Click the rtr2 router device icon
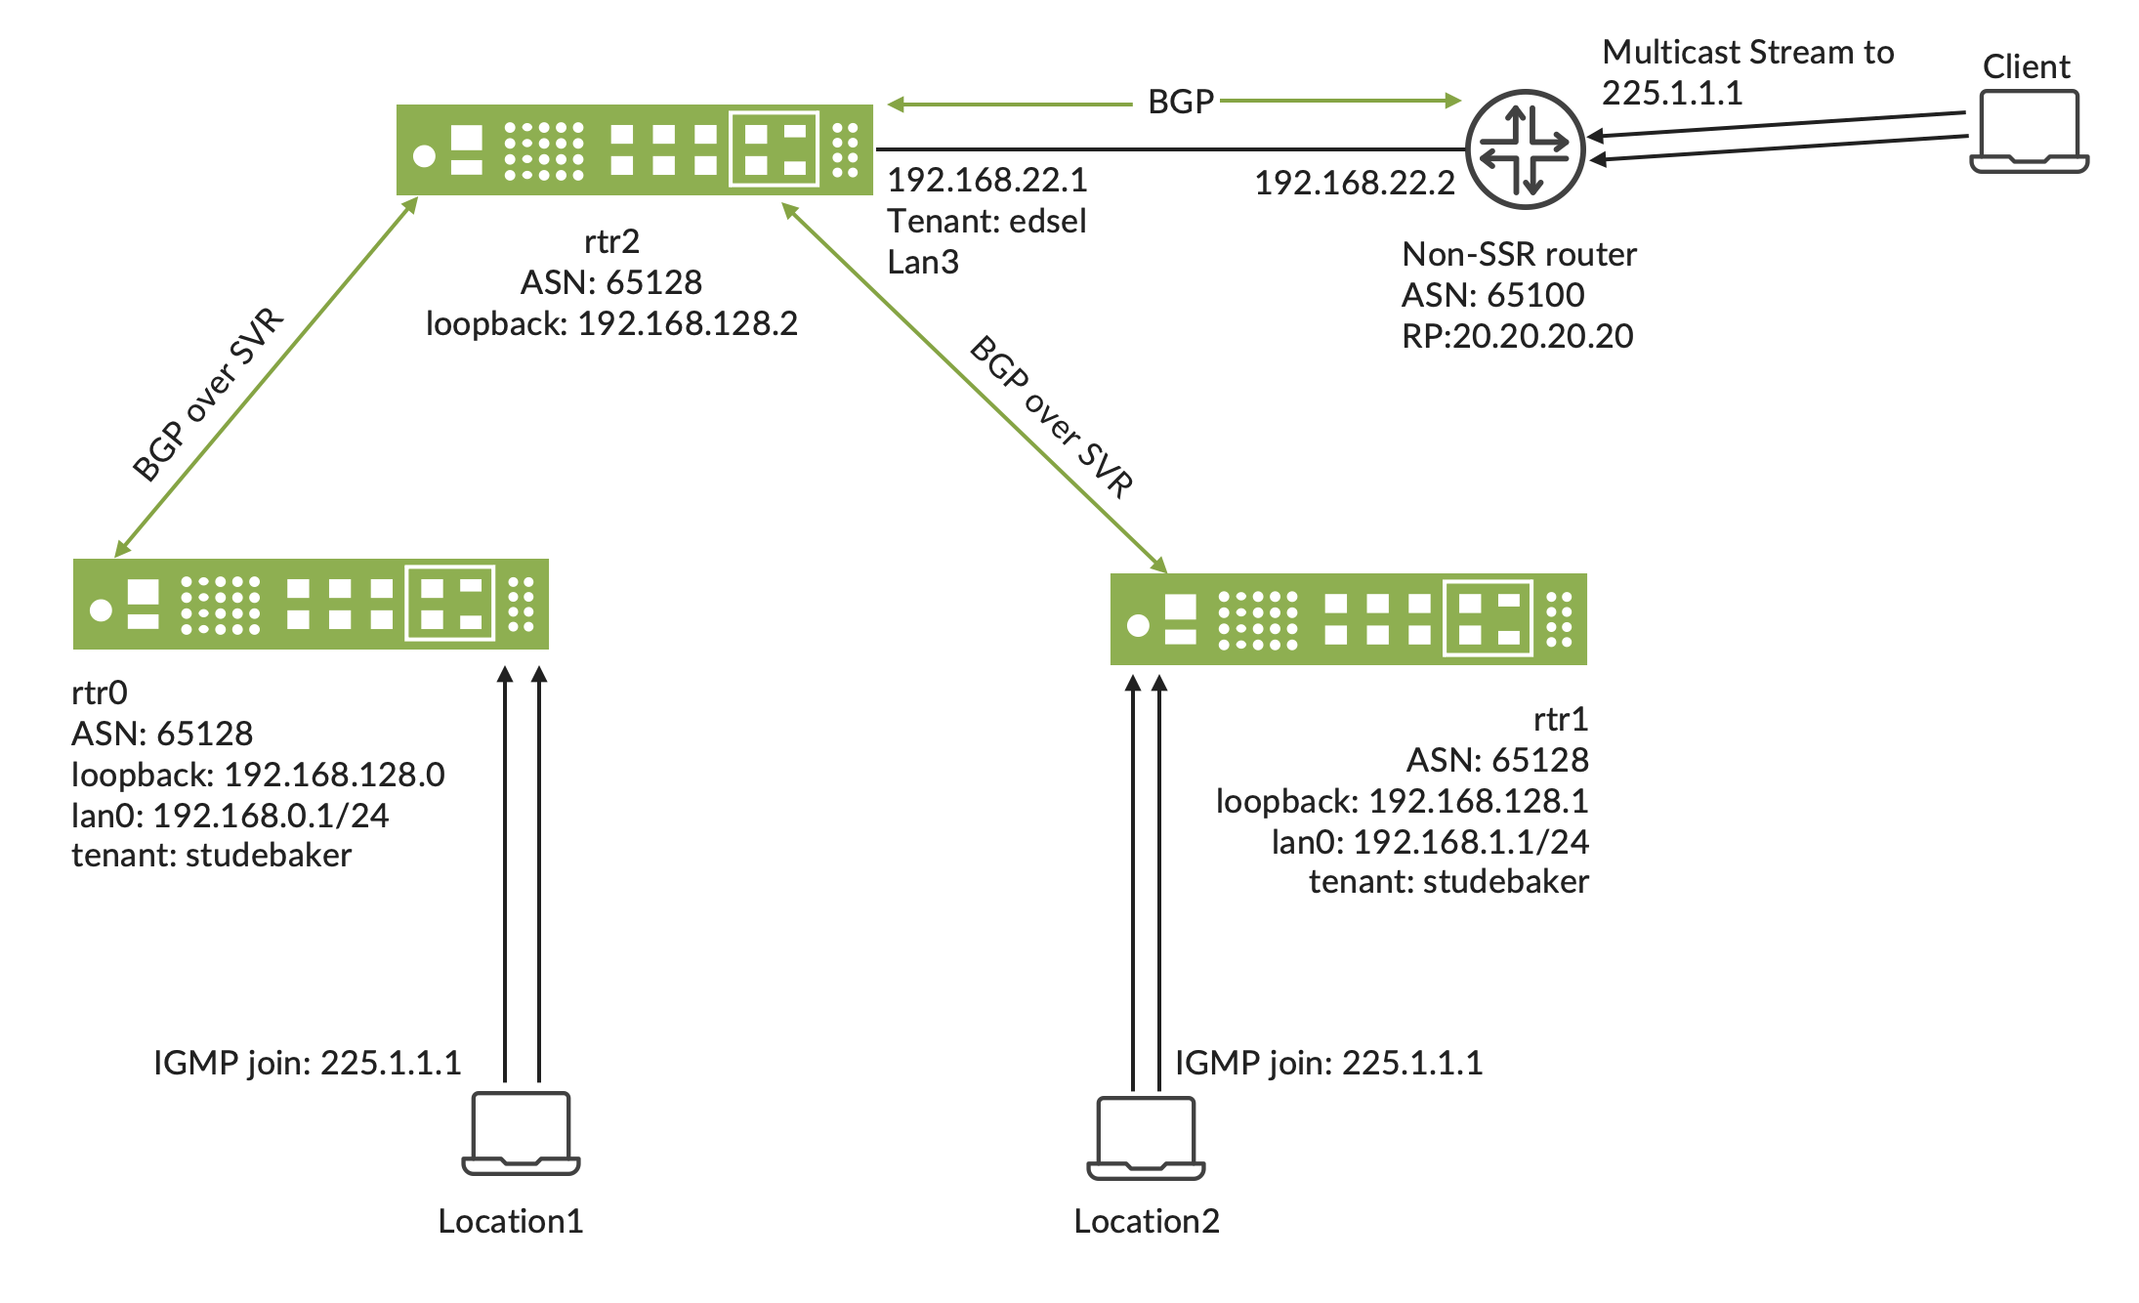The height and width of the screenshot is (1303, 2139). pyautogui.click(x=634, y=149)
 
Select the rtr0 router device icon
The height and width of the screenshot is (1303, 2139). pyautogui.click(x=311, y=604)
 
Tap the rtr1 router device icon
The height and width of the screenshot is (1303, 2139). pyautogui.click(x=1348, y=619)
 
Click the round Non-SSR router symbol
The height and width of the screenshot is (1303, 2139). pyautogui.click(x=1525, y=149)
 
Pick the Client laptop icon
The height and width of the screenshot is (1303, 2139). pyautogui.click(x=2029, y=132)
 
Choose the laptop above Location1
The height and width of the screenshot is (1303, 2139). pyautogui.click(x=521, y=1133)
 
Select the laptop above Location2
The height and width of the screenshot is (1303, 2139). pyautogui.click(x=1146, y=1138)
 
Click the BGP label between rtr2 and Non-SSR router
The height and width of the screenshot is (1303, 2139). pyautogui.click(x=1180, y=102)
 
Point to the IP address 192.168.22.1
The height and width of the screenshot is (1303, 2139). pyautogui.click(x=986, y=180)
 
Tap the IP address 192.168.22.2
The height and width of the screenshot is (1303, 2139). pyautogui.click(x=1354, y=183)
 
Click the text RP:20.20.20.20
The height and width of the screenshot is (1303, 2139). pyautogui.click(x=1517, y=336)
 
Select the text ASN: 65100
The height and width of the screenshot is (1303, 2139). pyautogui.click(x=1492, y=295)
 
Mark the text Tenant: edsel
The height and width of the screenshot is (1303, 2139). pyautogui.click(x=986, y=222)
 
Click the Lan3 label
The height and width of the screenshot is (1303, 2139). pyautogui.click(x=923, y=263)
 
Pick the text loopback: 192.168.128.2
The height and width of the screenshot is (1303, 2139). pyautogui.click(x=611, y=323)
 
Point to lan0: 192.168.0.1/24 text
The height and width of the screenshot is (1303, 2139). pyautogui.click(x=231, y=816)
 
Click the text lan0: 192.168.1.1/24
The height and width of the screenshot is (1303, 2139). pyautogui.click(x=1429, y=842)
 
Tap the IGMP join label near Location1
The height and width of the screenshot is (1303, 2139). pyautogui.click(x=307, y=1063)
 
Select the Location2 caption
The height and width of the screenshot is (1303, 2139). pyautogui.click(x=1146, y=1221)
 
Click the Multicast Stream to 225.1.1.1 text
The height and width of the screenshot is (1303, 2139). pyautogui.click(x=1747, y=72)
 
